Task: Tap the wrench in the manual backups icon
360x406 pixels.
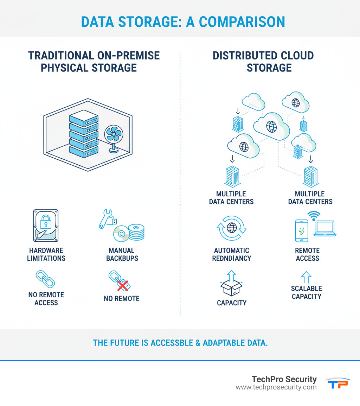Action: click(105, 218)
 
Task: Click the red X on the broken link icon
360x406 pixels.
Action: click(122, 286)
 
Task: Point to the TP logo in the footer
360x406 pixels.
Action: click(337, 383)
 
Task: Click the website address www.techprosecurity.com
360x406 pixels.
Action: click(276, 387)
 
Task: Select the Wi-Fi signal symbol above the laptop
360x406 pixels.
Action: click(314, 215)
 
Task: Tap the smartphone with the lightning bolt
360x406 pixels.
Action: click(301, 231)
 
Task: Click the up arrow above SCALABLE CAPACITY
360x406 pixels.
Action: click(306, 277)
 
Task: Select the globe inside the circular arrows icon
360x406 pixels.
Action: click(232, 228)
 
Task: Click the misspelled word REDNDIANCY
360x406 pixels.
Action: click(232, 258)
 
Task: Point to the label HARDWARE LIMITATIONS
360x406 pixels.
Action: click(46, 254)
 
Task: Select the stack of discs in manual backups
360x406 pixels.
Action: click(136, 232)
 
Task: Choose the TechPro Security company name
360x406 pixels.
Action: click(284, 379)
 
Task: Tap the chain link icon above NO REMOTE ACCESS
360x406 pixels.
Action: click(46, 279)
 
